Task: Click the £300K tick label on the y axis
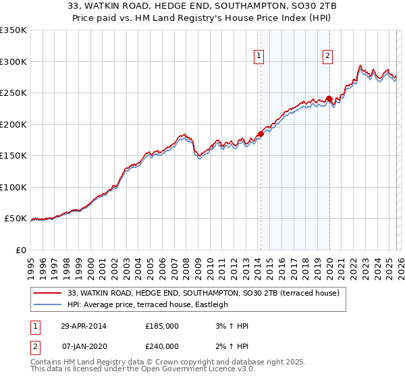[x=13, y=61]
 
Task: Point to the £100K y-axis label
[x=13, y=187]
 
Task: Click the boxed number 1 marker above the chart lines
[x=260, y=57]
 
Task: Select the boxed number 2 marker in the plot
[x=328, y=57]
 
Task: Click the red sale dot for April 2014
[x=260, y=134]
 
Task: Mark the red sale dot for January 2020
[x=329, y=99]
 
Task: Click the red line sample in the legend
[x=48, y=293]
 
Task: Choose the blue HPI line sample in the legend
[x=48, y=304]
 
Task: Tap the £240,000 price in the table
[x=162, y=346]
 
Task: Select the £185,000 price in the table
[x=162, y=326]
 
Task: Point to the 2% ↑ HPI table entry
[x=233, y=346]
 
